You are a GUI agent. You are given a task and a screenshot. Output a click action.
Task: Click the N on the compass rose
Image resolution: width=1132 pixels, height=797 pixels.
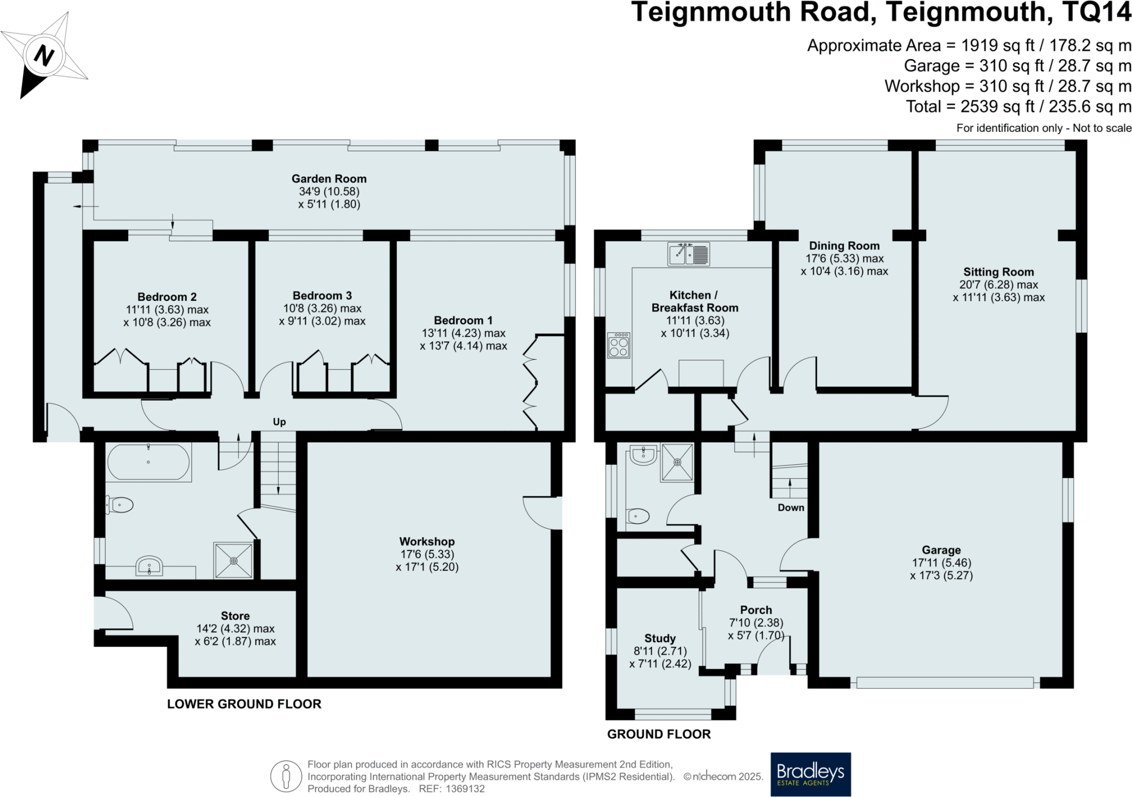[44, 55]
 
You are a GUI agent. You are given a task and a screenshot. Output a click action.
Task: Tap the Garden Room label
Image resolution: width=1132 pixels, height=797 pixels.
[329, 179]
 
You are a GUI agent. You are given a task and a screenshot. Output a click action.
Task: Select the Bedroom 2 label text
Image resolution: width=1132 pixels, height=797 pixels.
[167, 297]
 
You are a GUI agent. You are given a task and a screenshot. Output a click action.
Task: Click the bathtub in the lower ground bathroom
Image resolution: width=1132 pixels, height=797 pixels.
[148, 462]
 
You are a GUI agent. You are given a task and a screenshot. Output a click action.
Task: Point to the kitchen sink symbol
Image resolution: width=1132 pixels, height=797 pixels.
[688, 254]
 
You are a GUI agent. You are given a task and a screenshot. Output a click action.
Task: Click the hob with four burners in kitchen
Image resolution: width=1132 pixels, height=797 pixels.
[619, 345]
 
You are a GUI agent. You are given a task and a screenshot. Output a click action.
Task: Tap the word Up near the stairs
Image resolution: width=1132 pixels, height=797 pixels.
[279, 422]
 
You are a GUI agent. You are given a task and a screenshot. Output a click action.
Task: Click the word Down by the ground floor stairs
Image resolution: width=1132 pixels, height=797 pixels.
[790, 507]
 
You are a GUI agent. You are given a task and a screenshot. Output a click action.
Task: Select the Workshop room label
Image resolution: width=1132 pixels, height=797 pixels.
[427, 542]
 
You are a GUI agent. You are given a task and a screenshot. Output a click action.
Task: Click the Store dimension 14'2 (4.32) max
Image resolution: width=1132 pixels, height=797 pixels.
[235, 628]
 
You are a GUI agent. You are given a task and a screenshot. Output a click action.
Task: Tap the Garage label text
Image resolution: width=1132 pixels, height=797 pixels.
[941, 550]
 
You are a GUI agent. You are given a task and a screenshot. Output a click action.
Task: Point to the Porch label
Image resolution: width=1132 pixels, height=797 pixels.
[756, 610]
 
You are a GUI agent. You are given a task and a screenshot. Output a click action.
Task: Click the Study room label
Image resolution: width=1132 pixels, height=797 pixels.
[660, 638]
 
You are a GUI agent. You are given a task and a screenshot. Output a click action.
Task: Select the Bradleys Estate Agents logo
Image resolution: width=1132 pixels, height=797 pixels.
[810, 774]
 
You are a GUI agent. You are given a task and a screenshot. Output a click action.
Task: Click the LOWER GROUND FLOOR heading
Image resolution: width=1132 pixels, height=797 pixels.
[244, 704]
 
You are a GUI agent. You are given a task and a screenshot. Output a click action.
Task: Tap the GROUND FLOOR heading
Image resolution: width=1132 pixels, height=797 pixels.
[659, 734]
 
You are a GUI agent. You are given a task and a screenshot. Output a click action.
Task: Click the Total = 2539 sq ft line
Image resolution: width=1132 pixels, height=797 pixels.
[1018, 106]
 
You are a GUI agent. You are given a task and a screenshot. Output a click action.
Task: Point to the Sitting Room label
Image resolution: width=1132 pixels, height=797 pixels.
[998, 272]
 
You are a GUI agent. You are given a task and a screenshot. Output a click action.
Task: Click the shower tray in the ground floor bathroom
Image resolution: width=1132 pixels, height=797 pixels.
[677, 462]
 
